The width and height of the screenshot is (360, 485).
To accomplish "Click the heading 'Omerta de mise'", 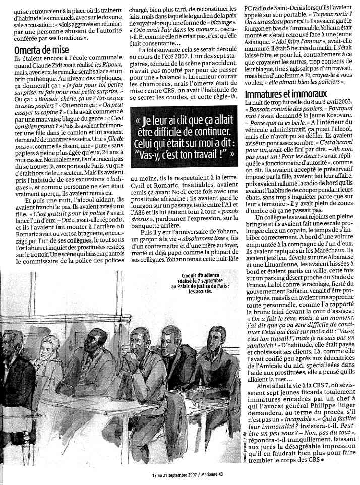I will click(x=41, y=50).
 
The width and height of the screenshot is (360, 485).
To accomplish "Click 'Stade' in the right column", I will click(x=347, y=275).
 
